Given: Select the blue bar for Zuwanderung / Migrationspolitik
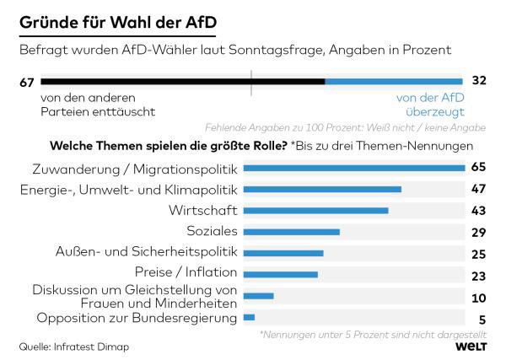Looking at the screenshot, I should [x=353, y=168].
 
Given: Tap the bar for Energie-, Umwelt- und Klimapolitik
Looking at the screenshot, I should [x=321, y=189].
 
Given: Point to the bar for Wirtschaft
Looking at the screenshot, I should [x=315, y=210].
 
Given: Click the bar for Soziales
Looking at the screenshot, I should [x=291, y=231].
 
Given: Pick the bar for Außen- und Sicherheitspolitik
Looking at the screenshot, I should [x=283, y=253].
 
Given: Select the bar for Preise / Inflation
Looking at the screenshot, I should [x=280, y=274].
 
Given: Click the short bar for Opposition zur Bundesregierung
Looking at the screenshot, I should [x=249, y=317].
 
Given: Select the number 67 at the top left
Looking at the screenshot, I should [x=25, y=82].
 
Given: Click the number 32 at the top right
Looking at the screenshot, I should [x=481, y=82].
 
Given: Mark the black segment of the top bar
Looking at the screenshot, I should [x=182, y=82].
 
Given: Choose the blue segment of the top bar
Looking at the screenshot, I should [x=395, y=82].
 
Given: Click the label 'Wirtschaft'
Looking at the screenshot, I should [x=205, y=210].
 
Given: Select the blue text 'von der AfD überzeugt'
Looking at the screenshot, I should [x=430, y=105].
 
